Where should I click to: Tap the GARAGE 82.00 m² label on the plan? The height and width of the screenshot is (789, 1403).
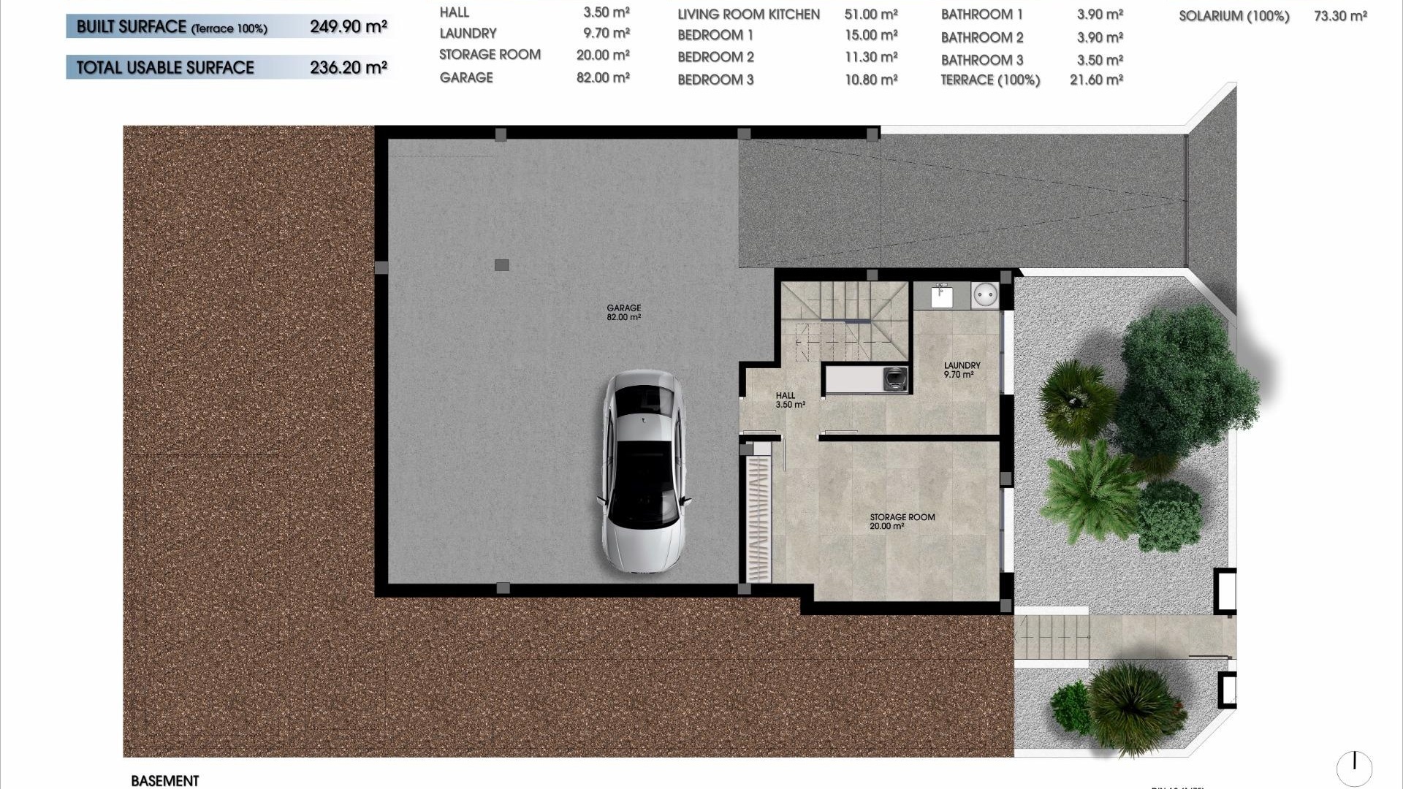tap(623, 313)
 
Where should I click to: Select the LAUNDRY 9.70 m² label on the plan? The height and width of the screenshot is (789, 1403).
tap(962, 370)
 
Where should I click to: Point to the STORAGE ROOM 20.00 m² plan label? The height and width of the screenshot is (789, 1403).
tap(902, 521)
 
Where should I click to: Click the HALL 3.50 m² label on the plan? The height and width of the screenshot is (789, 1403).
tap(789, 400)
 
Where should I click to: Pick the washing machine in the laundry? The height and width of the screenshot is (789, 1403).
tap(894, 378)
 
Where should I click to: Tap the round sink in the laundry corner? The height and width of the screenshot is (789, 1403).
tap(984, 296)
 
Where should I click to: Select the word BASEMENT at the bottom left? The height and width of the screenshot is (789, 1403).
tap(165, 780)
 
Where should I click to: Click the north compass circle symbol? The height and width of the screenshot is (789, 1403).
tap(1354, 768)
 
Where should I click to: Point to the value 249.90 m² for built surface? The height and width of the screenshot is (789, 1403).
tap(348, 27)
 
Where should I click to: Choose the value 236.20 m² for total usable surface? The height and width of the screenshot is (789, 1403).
tap(348, 68)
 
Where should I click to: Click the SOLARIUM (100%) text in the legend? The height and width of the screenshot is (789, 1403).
tap(1233, 16)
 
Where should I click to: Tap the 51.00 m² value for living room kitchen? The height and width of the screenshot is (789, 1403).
tap(871, 15)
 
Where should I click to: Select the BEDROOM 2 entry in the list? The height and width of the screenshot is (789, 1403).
tap(715, 57)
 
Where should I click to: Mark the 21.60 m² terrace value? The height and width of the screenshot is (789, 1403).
tap(1096, 80)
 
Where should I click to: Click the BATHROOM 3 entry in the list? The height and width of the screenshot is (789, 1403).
tap(981, 60)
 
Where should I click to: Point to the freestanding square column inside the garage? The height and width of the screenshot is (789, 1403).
tap(501, 265)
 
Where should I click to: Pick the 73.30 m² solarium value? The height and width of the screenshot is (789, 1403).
tap(1340, 16)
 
